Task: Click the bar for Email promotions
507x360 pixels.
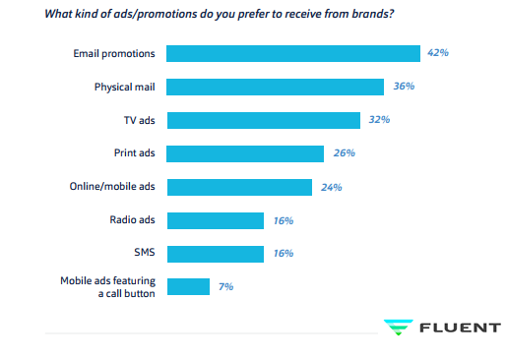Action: (x=293, y=53)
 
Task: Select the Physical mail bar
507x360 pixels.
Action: (x=275, y=87)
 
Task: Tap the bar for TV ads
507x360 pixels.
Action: (x=263, y=120)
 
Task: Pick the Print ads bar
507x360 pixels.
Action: (x=245, y=153)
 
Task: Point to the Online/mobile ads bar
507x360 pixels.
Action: (x=239, y=187)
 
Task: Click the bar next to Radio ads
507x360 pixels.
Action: (x=215, y=220)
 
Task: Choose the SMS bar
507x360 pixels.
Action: (x=215, y=254)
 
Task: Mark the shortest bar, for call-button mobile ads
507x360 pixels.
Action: (x=188, y=287)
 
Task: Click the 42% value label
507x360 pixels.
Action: (x=438, y=52)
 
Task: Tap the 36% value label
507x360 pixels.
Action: (x=403, y=87)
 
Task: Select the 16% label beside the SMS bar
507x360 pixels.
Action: (x=284, y=254)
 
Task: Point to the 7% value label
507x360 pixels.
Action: (x=225, y=287)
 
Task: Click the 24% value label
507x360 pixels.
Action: (x=332, y=187)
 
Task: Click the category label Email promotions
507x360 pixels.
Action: (x=114, y=53)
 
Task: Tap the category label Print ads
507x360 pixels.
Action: (x=134, y=153)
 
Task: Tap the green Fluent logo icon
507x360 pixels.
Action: (x=399, y=328)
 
